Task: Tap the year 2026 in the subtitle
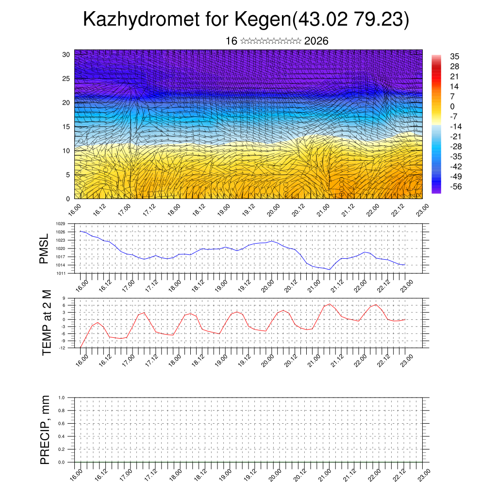pos(316,41)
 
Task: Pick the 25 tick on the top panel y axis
pos(66,78)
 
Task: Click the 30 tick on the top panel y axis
pos(66,54)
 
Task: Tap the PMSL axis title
pos(45,249)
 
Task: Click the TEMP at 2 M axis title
pos(46,323)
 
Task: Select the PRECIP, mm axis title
pos(45,430)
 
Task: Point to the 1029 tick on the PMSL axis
pos(60,224)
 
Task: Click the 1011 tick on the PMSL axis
pos(60,273)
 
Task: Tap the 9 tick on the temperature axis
pos(64,298)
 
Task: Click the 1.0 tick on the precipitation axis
pos(62,398)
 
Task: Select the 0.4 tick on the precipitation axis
pos(62,436)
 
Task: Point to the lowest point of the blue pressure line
pos(330,269)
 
